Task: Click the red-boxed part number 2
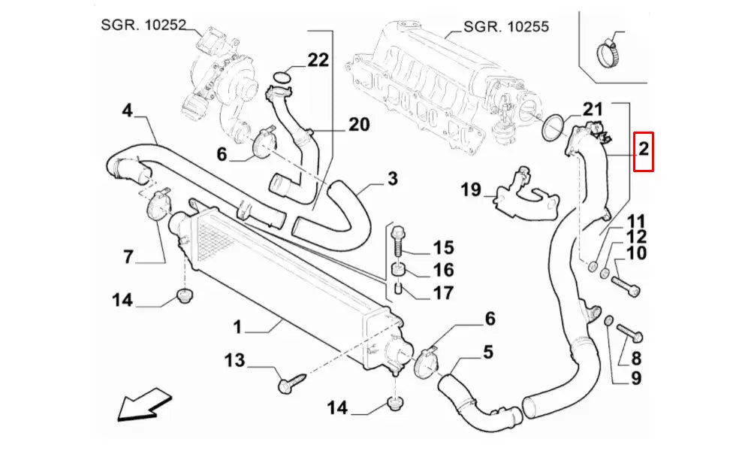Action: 644,151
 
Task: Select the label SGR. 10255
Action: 506,26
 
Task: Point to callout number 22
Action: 318,60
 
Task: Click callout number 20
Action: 359,124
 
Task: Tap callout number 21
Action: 593,109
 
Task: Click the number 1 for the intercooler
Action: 237,327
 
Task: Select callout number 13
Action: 235,361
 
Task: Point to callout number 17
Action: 443,292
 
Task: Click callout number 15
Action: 443,247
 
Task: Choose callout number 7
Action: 128,256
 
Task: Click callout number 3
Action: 392,179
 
